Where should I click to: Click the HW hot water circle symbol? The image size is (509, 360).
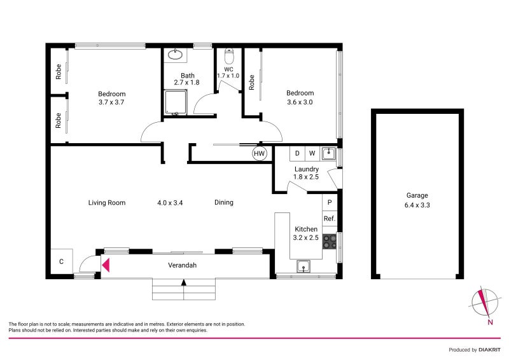[259, 153]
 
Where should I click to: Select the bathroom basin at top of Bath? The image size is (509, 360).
[174, 55]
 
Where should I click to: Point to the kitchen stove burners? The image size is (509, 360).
[330, 241]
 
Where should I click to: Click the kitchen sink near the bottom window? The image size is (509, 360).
[304, 267]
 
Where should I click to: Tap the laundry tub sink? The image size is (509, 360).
[328, 153]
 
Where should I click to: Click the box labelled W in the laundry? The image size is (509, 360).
[312, 153]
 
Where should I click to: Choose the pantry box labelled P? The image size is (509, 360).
[330, 202]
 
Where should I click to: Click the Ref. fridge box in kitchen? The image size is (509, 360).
[330, 218]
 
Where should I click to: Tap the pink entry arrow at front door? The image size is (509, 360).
[106, 265]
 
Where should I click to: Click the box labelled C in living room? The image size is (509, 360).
[62, 261]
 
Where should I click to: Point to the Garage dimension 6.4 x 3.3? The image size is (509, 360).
[417, 205]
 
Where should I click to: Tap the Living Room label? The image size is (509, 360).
[107, 203]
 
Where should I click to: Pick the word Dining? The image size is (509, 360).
[224, 203]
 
